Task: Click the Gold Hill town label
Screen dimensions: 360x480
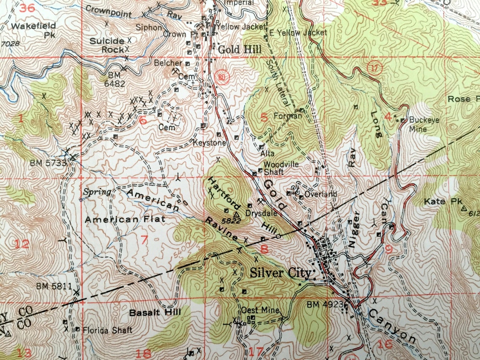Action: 240,49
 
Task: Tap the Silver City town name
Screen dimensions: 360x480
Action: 281,272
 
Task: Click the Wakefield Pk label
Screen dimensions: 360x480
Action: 33,30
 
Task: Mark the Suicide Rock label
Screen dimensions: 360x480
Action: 107,45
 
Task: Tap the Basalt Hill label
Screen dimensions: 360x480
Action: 155,312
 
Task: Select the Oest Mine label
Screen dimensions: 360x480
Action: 260,311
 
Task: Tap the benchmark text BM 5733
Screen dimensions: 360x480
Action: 48,162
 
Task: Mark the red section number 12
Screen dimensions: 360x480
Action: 22,244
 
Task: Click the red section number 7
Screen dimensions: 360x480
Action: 144,240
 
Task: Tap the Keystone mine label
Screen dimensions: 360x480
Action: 209,143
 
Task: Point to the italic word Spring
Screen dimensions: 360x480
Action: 97,192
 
